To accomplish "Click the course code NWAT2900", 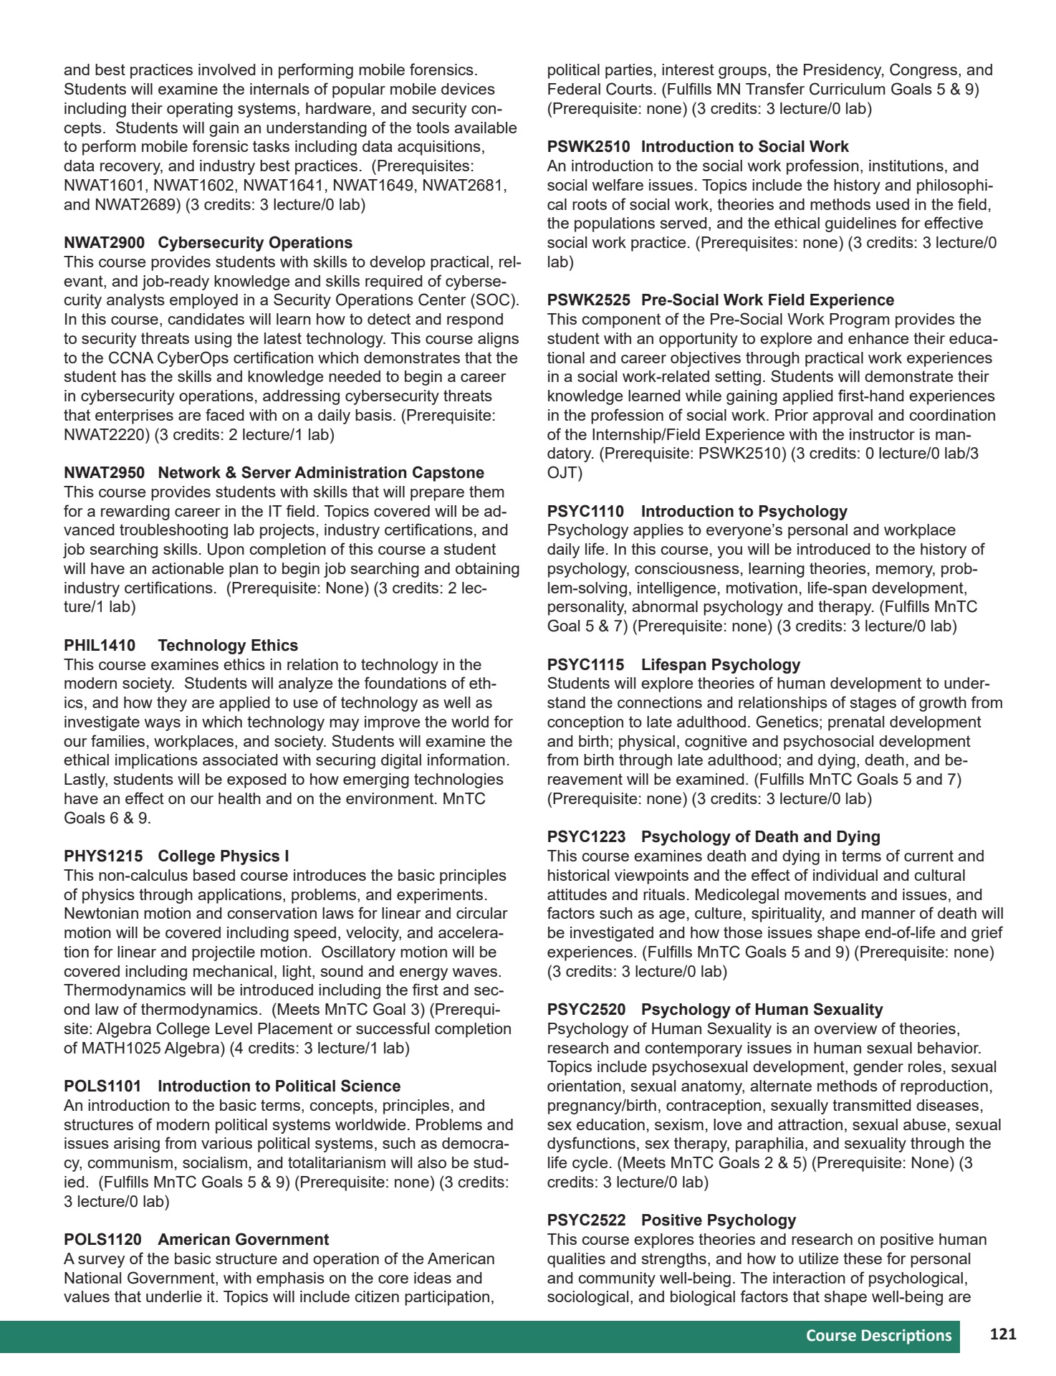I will [104, 243].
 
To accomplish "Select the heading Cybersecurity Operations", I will [255, 243].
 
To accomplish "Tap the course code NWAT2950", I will [104, 473].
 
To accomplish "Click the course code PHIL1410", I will [100, 646].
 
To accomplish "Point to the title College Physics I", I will [224, 856].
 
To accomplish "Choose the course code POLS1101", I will [102, 1086].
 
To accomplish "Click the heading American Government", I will [243, 1240].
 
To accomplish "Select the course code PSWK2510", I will [588, 147].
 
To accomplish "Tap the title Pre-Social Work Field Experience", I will [767, 300].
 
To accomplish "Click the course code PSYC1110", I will [585, 512].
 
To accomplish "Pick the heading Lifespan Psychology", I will [720, 665].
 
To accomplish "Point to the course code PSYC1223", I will [586, 837].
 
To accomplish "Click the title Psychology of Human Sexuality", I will [762, 1010].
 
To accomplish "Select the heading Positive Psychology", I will [718, 1220].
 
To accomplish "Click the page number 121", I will [1003, 1334].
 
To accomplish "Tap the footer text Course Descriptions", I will [878, 1335].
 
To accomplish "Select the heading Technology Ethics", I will [228, 646].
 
